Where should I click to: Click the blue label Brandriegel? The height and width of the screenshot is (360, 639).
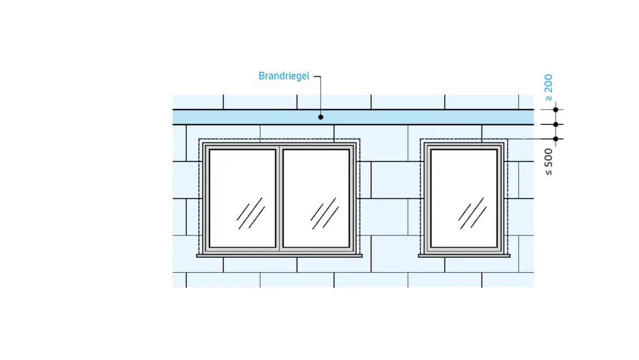284,76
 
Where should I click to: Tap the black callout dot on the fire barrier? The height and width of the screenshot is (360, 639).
321,117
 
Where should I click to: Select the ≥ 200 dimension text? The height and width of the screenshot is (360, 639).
548,87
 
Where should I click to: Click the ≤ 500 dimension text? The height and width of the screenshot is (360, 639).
548,162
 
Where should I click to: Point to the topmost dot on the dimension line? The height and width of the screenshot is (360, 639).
556,110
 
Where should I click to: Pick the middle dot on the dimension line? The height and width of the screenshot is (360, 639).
556,124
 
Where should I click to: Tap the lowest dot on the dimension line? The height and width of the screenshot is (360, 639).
556,139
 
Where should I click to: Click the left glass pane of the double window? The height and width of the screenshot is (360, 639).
243,198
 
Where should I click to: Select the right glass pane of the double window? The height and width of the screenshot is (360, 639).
316,198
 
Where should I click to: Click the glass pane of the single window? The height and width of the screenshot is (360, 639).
464,198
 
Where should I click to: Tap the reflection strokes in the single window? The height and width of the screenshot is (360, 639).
472,213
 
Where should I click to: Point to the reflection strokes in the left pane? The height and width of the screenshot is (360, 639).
251,213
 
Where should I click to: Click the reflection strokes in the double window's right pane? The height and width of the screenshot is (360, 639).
325,213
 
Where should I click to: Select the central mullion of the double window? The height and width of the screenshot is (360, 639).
280,198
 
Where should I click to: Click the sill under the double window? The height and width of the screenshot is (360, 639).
279,256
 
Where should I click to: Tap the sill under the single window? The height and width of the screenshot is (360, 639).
464,256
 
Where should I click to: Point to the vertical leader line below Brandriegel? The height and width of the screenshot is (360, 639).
320,96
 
